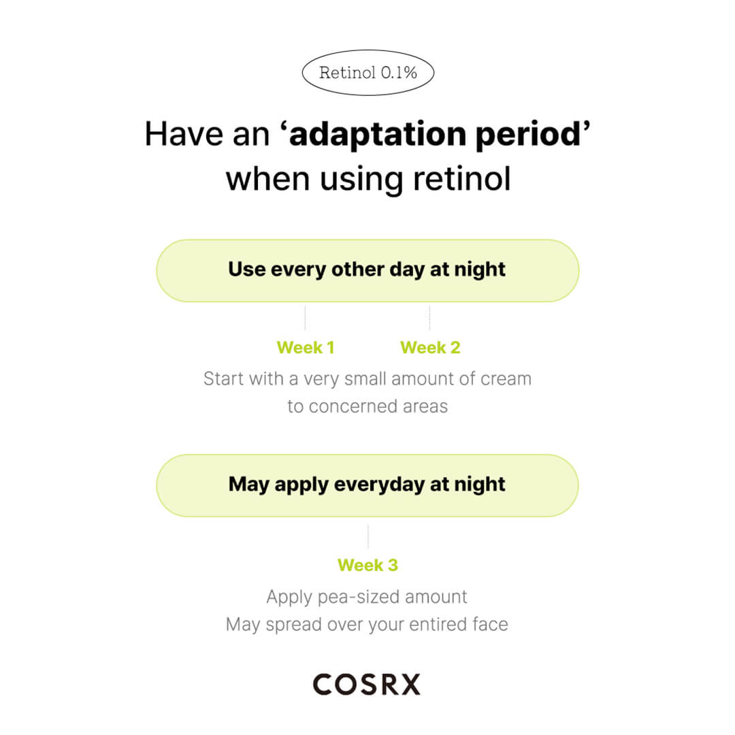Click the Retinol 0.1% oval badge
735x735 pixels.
coord(368,73)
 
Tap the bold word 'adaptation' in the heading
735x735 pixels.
coord(378,135)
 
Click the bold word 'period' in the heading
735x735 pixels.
coord(528,135)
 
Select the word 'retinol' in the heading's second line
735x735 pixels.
coord(461,178)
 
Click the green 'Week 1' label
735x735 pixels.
coord(305,347)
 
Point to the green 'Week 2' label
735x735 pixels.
coord(430,347)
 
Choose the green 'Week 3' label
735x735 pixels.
coord(368,565)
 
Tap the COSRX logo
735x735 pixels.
coord(367,685)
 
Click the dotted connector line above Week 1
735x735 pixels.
coord(305,318)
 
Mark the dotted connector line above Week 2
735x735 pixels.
coord(429,318)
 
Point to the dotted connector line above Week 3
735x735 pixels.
coord(368,536)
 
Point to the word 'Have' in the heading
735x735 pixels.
coord(184,135)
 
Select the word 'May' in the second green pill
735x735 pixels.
coord(249,485)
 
